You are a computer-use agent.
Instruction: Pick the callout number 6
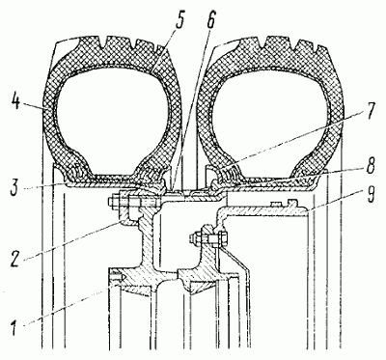pos(211,21)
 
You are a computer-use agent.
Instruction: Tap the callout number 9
pos(371,194)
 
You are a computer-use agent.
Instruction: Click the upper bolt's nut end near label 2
pos(112,203)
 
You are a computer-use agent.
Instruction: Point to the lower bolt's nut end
pos(194,238)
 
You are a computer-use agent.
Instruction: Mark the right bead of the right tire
pos(310,171)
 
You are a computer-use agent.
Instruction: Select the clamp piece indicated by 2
pos(128,213)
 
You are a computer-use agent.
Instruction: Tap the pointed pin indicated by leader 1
pos(117,276)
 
